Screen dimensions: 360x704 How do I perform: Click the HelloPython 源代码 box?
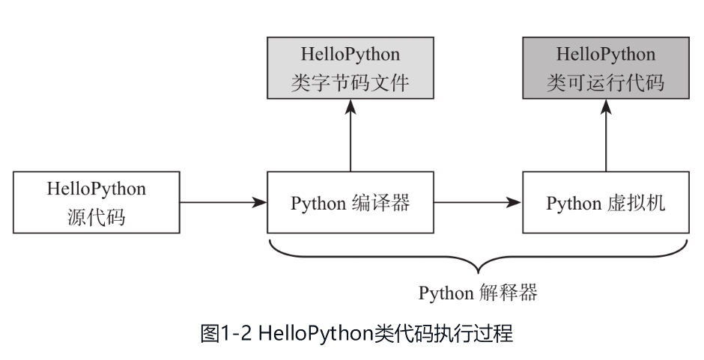coord(97,202)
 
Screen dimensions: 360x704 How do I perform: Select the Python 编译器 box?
coord(350,202)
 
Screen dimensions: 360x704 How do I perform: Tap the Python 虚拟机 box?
coord(605,202)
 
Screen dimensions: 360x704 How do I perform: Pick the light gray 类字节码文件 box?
coord(350,68)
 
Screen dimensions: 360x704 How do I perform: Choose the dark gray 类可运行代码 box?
coord(605,68)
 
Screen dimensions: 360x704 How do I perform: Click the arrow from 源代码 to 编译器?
coord(223,202)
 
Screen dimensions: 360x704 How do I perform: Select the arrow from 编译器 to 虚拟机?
coord(478,202)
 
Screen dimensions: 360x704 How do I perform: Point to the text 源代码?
coord(97,218)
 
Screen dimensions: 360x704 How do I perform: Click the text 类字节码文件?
coord(350,82)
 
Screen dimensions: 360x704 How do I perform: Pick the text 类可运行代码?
coord(605,82)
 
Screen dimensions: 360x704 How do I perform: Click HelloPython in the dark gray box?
coord(605,55)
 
